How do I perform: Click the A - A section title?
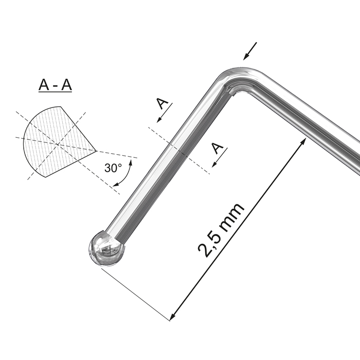(x=55, y=85)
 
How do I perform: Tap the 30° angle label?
(x=113, y=168)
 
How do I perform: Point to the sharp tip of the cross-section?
(x=96, y=150)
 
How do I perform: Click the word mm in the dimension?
(x=232, y=215)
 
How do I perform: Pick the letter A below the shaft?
(x=219, y=149)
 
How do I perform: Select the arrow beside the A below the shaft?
(x=218, y=161)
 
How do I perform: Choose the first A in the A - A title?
(x=44, y=85)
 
